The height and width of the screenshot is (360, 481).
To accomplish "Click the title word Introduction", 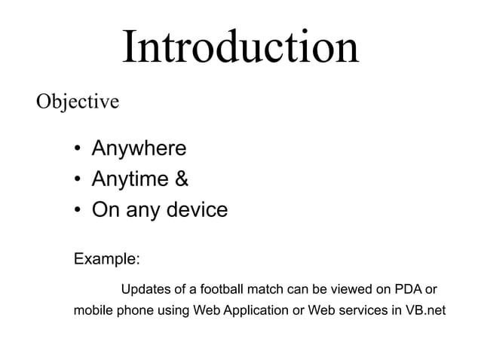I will pos(240,47).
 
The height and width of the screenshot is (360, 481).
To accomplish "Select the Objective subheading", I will pos(78,101).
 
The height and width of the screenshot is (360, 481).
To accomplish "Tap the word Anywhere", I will pos(139,149).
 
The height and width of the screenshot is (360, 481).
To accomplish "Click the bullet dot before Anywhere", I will pos(78,150).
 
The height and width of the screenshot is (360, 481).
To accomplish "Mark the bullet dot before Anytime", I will pos(78,180).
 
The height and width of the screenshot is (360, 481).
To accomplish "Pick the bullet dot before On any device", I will pos(78,210).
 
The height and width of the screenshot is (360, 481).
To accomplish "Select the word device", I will pos(192,209).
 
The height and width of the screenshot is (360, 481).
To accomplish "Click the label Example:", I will pos(106,259).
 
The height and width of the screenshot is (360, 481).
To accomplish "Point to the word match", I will pos(260,290).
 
